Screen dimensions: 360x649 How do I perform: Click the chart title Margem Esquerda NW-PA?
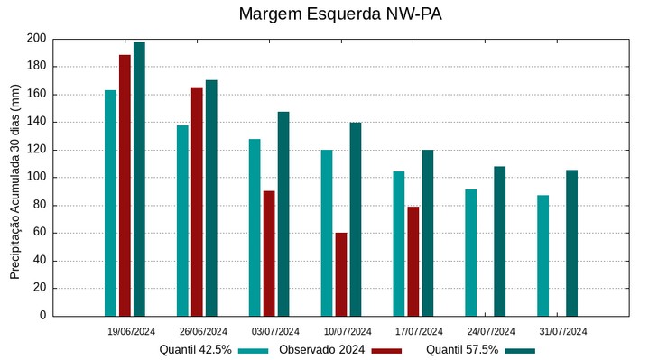tap(340, 14)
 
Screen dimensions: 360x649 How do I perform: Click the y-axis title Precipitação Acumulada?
tap(14, 177)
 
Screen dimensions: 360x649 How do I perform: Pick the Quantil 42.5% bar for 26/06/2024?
tap(182, 220)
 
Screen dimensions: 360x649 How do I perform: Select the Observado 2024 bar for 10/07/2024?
tap(341, 274)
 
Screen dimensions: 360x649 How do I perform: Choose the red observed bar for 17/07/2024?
tap(413, 261)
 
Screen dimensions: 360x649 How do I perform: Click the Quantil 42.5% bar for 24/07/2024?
tap(470, 253)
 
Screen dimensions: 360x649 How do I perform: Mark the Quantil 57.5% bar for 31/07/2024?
tap(571, 243)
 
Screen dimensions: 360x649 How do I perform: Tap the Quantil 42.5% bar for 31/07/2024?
tap(542, 255)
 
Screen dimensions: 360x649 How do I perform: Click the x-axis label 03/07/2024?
tap(275, 331)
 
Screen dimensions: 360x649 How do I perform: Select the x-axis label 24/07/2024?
tap(491, 331)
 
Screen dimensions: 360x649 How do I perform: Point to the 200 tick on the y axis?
tap(36, 39)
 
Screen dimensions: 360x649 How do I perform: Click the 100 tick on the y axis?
tap(36, 178)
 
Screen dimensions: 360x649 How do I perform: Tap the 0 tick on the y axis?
tap(42, 316)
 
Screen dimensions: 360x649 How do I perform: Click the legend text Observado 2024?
tap(321, 349)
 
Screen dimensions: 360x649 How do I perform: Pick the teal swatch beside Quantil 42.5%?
tap(254, 350)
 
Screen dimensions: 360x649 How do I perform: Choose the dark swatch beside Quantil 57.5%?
tap(520, 350)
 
